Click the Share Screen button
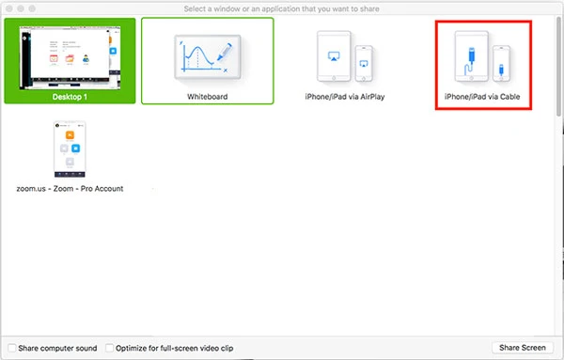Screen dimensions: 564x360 [x=523, y=348]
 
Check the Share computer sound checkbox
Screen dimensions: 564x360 [x=12, y=348]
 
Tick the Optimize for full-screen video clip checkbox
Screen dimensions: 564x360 [x=109, y=348]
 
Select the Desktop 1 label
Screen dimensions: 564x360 [x=70, y=97]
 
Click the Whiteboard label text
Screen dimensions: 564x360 [x=207, y=97]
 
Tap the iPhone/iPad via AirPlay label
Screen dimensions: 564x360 [x=345, y=97]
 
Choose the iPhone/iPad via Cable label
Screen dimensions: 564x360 [x=482, y=97]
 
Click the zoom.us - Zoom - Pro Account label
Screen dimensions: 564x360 [x=70, y=188]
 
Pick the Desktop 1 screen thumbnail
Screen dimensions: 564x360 [x=70, y=57]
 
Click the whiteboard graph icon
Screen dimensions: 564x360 [x=208, y=56]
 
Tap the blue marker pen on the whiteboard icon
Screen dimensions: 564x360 [x=225, y=52]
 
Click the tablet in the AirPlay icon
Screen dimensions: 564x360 [x=334, y=56]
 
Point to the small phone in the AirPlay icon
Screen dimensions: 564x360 [x=364, y=63]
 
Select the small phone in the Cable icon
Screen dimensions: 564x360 [x=501, y=63]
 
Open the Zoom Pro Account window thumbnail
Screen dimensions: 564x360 [x=70, y=149]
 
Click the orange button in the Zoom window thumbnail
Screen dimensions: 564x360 [x=70, y=134]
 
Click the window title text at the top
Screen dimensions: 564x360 [x=281, y=8]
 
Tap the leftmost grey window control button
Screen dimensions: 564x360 [x=9, y=8]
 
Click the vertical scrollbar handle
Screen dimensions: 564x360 [x=558, y=67]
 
